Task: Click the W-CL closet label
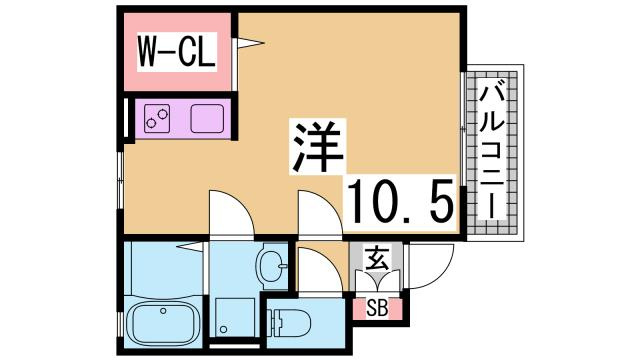coord(175,50)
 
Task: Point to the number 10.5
coord(400,202)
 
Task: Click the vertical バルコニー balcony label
coord(491,152)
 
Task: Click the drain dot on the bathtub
coord(140,325)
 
